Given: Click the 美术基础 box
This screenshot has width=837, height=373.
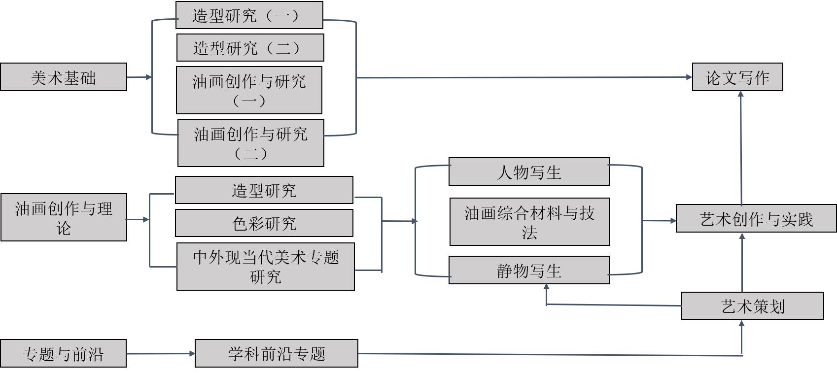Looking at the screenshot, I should (x=64, y=77).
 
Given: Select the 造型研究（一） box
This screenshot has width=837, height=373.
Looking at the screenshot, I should (x=249, y=15).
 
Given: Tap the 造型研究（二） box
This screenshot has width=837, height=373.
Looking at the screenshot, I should (x=250, y=48).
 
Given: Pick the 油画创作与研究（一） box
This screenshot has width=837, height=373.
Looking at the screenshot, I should (x=249, y=90).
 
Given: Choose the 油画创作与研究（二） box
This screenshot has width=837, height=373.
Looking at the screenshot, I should (x=250, y=143).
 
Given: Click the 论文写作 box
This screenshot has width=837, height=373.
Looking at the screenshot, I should (x=737, y=77).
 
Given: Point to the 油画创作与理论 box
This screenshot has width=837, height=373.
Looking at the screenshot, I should (x=64, y=217).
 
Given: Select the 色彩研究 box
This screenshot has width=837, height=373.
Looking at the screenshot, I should (x=264, y=223).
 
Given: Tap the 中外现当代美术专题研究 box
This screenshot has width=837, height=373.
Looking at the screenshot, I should (x=265, y=267).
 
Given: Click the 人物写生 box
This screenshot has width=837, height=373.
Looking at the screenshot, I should (x=529, y=172).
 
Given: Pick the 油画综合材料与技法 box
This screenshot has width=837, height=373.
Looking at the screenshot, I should (x=529, y=222).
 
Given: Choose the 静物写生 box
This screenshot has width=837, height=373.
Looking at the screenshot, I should (x=529, y=270).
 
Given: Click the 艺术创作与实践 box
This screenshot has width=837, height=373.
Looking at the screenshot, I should (x=756, y=218).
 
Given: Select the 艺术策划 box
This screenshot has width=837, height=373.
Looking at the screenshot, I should (x=752, y=306).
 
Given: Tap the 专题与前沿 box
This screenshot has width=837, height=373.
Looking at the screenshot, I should (x=63, y=353).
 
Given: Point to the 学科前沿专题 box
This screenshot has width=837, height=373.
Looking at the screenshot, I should (x=276, y=353).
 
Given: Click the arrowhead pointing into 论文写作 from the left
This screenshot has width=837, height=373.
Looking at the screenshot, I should (x=689, y=77).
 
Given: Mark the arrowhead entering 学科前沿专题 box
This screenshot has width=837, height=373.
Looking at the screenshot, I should (x=192, y=353).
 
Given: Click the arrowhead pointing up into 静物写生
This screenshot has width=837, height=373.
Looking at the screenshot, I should (x=546, y=287).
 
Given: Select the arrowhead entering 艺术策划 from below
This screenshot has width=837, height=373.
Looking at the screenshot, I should (x=742, y=323).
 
